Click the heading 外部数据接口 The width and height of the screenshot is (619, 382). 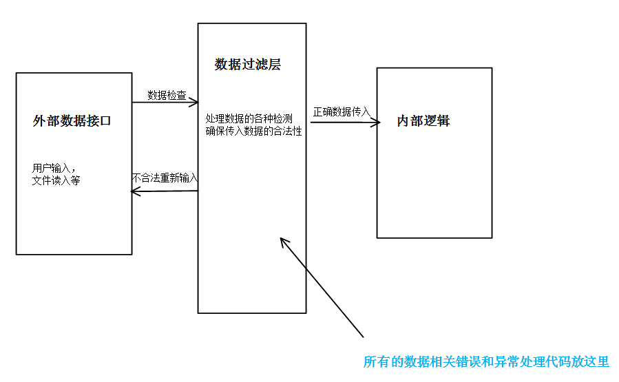pyautogui.click(x=72, y=122)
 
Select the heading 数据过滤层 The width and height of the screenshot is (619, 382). pyautogui.click(x=248, y=65)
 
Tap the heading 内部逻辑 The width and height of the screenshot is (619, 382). pyautogui.click(x=423, y=121)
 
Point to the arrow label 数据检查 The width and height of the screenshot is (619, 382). pyautogui.click(x=167, y=95)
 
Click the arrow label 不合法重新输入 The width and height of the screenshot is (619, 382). pyautogui.click(x=165, y=178)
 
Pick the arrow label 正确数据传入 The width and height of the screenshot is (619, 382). pyautogui.click(x=342, y=112)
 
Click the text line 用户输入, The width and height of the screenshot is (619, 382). pyautogui.click(x=54, y=168)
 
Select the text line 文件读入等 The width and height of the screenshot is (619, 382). pyautogui.click(x=56, y=180)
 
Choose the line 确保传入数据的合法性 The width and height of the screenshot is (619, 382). pyautogui.click(x=254, y=131)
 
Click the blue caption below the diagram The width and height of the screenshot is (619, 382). pyautogui.click(x=486, y=362)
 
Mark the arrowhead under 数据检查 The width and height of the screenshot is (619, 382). pyautogui.click(x=195, y=103)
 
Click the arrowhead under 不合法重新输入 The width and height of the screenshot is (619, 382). pyautogui.click(x=134, y=191)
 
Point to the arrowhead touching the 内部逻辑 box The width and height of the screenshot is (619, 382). pyautogui.click(x=377, y=123)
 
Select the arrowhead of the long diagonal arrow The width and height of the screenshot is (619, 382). pyautogui.click(x=283, y=241)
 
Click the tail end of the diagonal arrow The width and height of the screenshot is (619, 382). pyautogui.click(x=362, y=337)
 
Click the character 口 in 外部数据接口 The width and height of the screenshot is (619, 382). pyautogui.click(x=105, y=122)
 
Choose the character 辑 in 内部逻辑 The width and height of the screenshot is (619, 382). pyautogui.click(x=443, y=121)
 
